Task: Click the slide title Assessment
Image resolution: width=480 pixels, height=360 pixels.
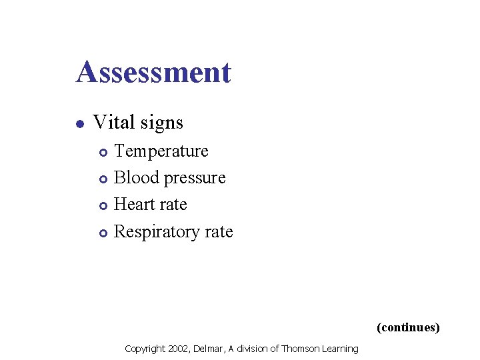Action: pyautogui.click(x=153, y=72)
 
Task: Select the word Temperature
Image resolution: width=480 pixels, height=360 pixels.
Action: pyautogui.click(x=161, y=151)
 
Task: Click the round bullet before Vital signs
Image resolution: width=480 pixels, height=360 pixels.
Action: pyautogui.click(x=79, y=123)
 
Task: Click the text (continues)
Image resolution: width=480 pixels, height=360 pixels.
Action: pyautogui.click(x=408, y=327)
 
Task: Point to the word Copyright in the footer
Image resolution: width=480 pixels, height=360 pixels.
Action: pyautogui.click(x=144, y=349)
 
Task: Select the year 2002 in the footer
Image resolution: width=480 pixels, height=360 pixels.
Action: pyautogui.click(x=178, y=349)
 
